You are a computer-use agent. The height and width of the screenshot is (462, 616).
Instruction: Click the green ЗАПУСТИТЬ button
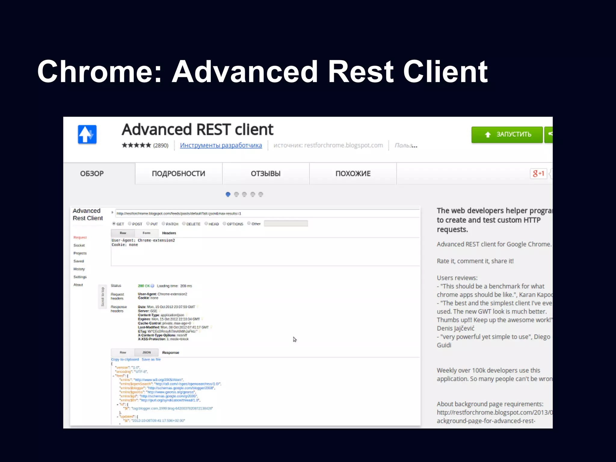click(507, 134)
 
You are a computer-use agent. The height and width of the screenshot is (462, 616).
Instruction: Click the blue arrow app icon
click(87, 134)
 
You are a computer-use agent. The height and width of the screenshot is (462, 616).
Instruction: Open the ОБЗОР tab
click(92, 174)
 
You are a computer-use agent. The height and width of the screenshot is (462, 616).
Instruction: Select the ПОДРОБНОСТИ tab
click(178, 174)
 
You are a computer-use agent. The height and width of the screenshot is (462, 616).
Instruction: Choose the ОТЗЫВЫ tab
click(266, 174)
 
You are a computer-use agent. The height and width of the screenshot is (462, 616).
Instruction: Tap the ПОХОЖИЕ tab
click(353, 174)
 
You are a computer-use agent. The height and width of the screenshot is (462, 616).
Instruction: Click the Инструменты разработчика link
click(221, 145)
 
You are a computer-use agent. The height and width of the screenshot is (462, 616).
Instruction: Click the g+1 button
click(538, 174)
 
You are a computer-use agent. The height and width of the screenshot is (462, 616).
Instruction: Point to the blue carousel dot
click(228, 194)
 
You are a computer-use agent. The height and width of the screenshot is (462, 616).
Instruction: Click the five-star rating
click(136, 145)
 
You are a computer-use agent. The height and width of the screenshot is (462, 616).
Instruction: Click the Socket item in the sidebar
click(79, 245)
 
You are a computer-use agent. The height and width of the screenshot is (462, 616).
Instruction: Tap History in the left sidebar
click(79, 269)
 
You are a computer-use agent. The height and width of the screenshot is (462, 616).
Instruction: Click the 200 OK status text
click(144, 286)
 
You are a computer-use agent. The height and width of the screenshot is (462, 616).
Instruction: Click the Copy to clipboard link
click(125, 359)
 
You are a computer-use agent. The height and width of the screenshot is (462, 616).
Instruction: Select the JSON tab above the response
click(146, 352)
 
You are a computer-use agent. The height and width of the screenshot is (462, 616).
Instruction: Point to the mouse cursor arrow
click(294, 339)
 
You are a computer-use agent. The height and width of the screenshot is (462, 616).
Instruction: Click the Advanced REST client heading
click(197, 130)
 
